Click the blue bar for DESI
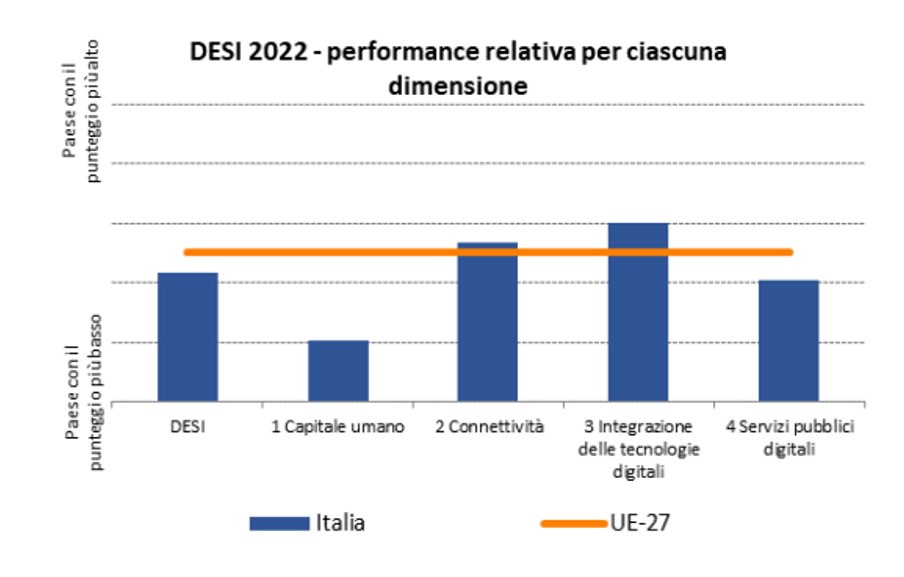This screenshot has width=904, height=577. [x=188, y=337]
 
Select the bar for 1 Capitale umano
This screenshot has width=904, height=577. [x=338, y=371]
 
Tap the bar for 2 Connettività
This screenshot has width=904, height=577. [x=488, y=322]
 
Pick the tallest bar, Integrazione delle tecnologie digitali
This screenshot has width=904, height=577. [x=638, y=312]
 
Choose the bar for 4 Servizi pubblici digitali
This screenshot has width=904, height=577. [x=788, y=341]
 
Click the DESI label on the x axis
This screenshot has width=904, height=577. [x=188, y=427]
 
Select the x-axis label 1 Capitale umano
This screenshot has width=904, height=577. [x=338, y=427]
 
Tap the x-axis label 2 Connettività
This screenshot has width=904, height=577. [x=489, y=427]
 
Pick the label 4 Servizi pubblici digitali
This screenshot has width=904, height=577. [x=790, y=437]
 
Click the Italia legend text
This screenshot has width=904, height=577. [x=340, y=522]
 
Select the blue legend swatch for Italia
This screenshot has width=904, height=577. [x=279, y=522]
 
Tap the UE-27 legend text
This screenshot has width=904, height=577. [x=640, y=522]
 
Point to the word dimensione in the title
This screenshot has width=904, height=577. [x=457, y=87]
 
